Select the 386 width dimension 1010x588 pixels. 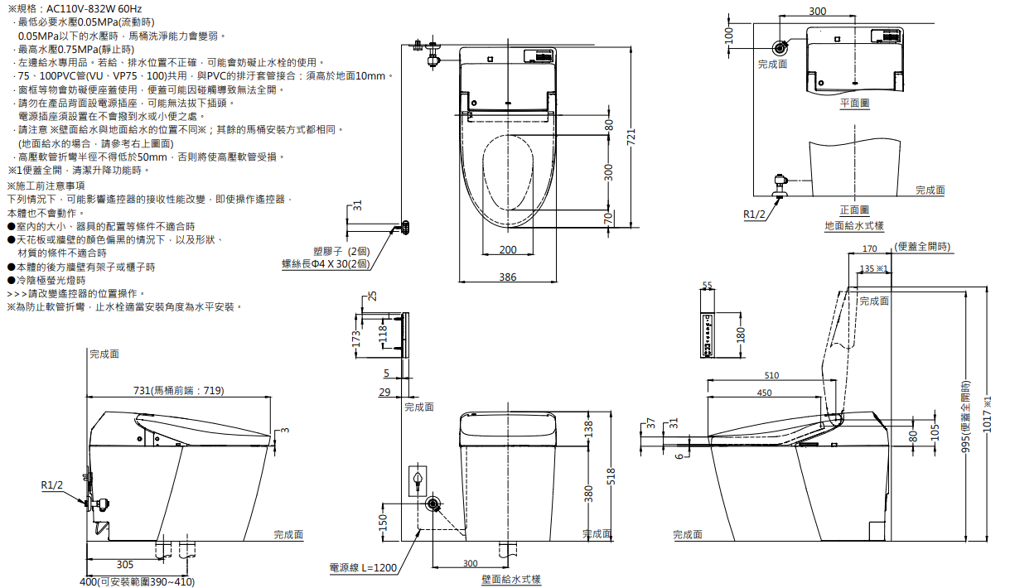508,277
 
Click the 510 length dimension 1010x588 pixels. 771,375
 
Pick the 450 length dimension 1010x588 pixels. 764,393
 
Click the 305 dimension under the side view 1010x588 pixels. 125,564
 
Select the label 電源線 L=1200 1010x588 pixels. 363,568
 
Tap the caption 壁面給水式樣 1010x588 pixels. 511,580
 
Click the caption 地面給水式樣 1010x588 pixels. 853,225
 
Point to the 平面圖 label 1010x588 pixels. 854,103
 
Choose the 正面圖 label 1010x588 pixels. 854,210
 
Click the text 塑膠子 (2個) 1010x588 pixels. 341,251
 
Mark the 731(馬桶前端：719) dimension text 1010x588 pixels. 179,391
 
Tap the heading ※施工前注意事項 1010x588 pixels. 46,186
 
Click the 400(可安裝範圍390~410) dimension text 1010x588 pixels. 137,581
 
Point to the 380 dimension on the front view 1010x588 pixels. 588,494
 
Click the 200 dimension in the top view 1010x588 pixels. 508,250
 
